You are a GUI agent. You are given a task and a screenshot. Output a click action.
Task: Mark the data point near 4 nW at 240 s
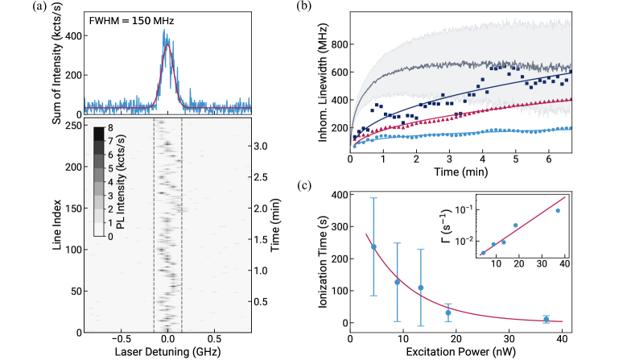(x=373, y=246)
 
